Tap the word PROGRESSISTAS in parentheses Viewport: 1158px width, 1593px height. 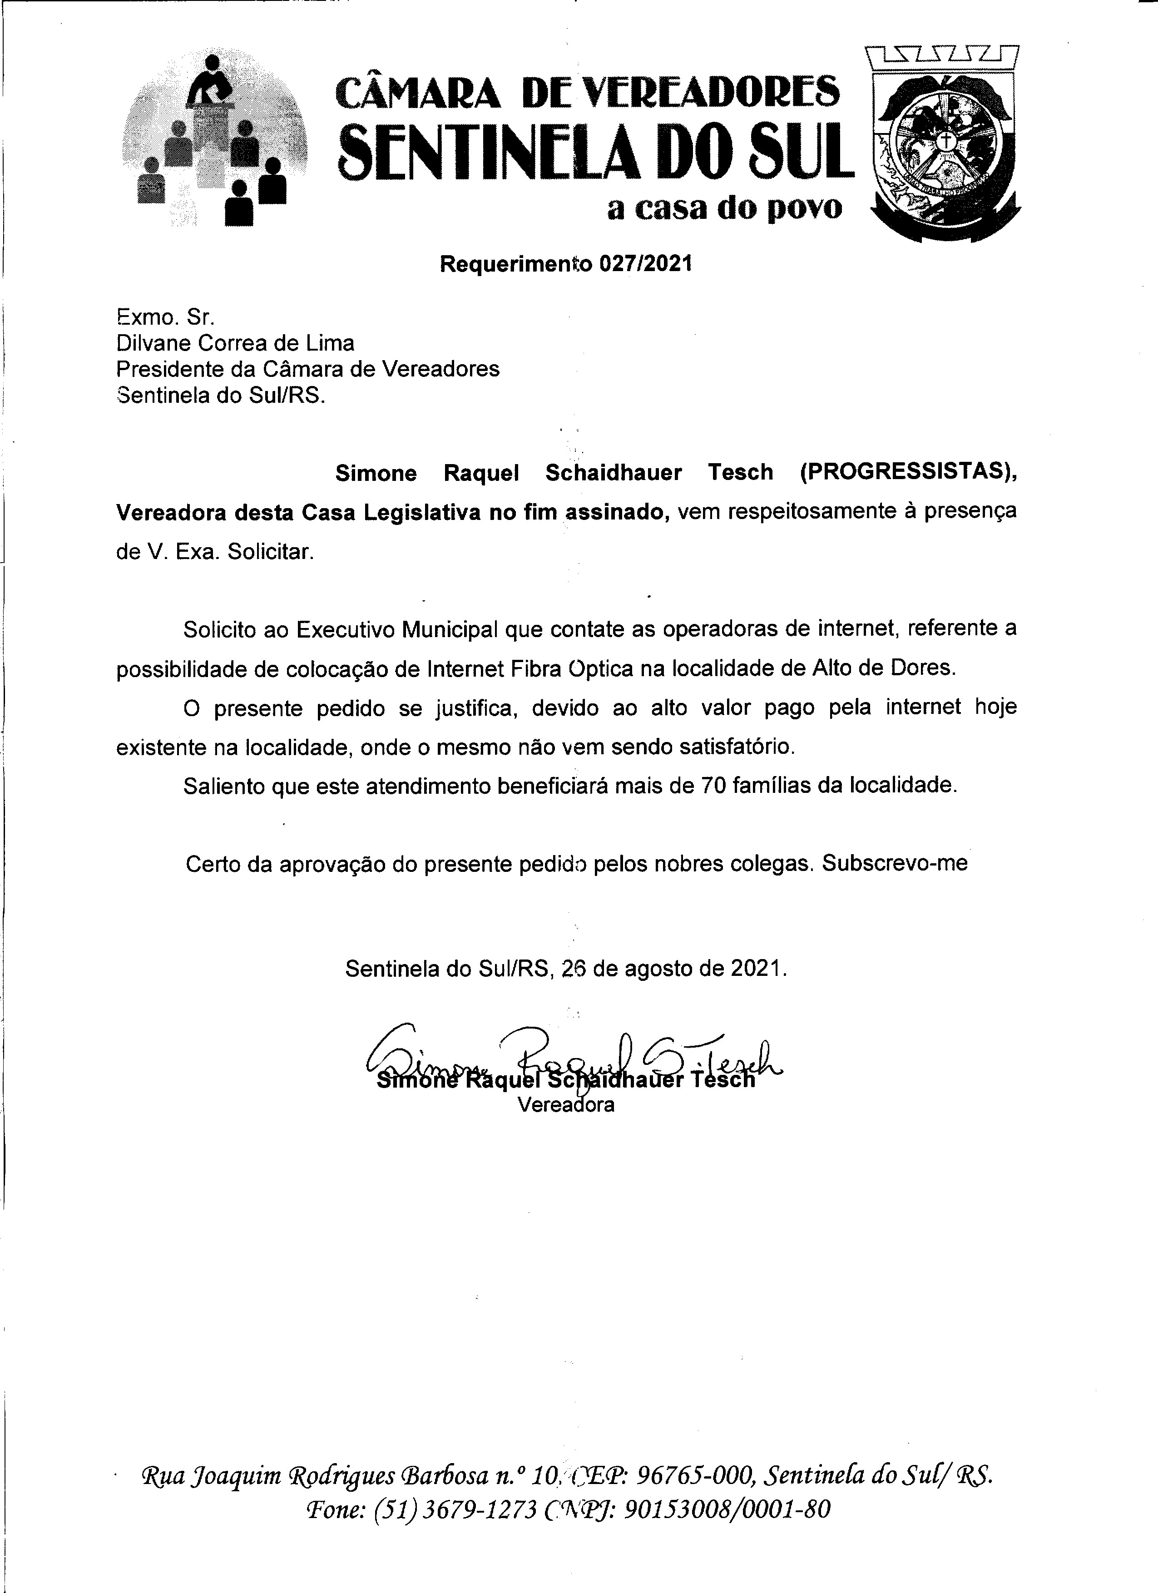[x=906, y=473]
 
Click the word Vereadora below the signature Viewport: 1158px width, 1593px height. [x=566, y=1105]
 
